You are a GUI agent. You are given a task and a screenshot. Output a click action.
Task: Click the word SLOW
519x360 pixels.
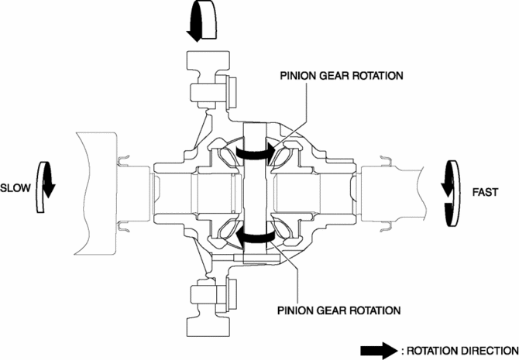coord(15,187)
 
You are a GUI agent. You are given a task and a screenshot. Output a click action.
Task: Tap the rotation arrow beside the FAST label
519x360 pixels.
coord(449,190)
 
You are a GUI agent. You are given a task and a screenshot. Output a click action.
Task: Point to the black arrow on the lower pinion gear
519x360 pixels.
coord(255,236)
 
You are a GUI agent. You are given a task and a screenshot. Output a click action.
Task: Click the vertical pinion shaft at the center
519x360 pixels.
coord(255,194)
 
